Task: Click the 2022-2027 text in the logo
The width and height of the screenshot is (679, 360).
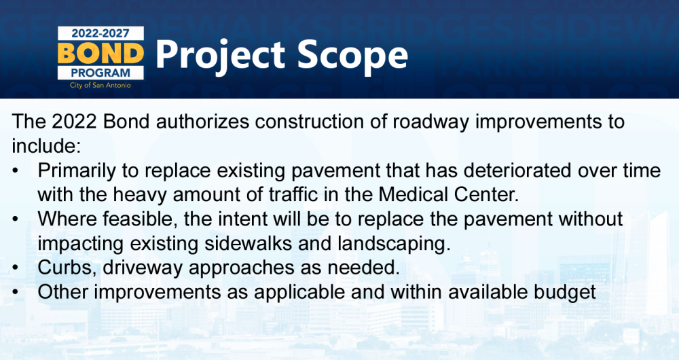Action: (100, 33)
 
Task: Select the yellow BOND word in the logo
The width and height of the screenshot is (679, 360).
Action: (100, 53)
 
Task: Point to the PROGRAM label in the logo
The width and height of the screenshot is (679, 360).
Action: (100, 73)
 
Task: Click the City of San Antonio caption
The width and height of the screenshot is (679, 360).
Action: (100, 86)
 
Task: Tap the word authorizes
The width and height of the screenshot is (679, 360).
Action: (202, 122)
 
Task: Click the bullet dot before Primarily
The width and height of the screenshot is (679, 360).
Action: (16, 170)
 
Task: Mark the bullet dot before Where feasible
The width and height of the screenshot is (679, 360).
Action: (16, 219)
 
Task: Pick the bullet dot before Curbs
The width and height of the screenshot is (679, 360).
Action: (16, 268)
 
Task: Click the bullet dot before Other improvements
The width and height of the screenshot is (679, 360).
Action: (16, 291)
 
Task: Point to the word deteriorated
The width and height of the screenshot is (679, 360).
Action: (518, 170)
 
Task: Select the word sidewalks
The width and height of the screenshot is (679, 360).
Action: (248, 243)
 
